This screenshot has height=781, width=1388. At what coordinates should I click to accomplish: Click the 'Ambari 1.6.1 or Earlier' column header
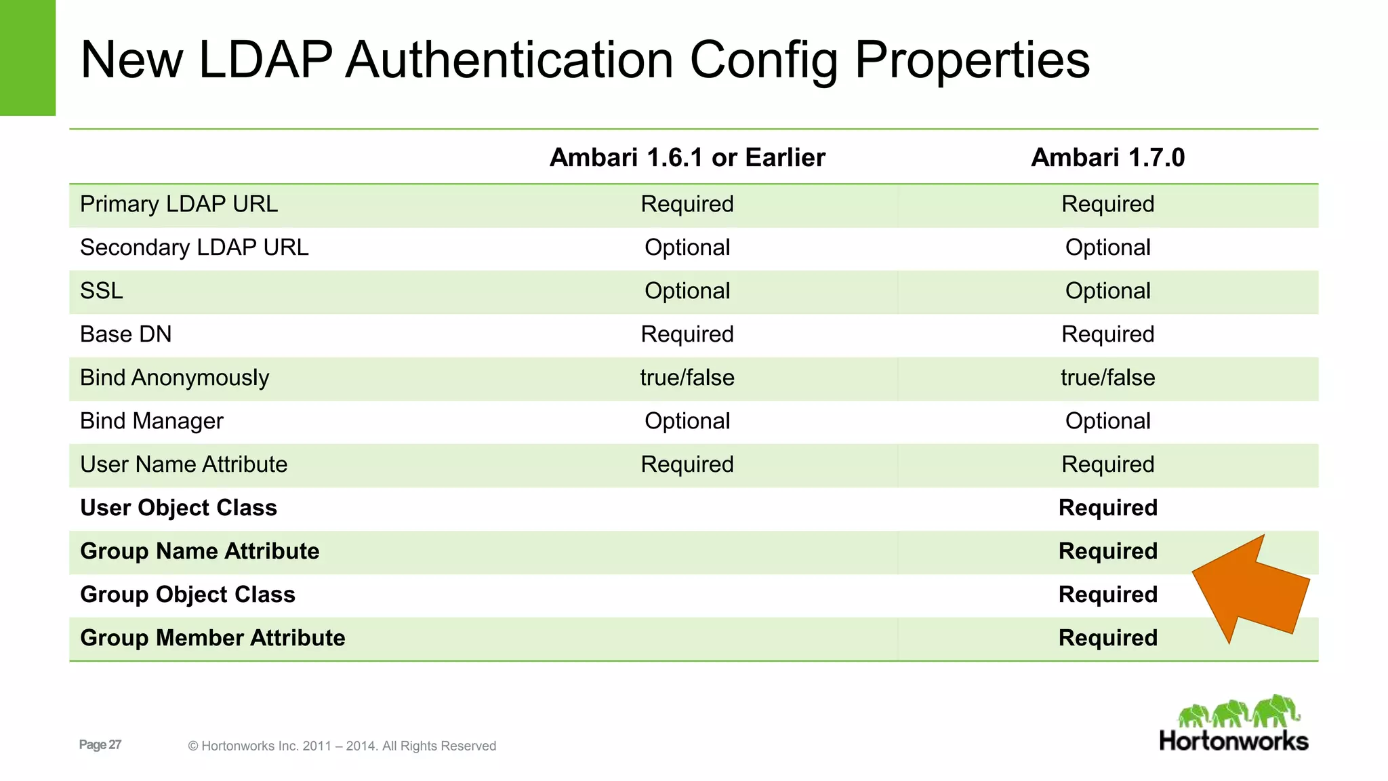click(687, 157)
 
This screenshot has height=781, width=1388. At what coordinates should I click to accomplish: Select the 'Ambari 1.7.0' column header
click(1107, 157)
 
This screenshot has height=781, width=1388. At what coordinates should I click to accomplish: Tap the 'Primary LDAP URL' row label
click(179, 204)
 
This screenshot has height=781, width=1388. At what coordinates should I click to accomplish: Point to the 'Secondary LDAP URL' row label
click(194, 247)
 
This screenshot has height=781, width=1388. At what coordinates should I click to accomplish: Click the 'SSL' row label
click(102, 291)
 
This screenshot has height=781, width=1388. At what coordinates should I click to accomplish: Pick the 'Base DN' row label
click(125, 334)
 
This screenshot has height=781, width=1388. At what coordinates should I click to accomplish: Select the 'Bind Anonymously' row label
click(174, 378)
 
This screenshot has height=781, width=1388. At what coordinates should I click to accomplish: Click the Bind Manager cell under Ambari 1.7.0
click(1107, 421)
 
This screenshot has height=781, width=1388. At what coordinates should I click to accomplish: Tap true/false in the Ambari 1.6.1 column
click(687, 378)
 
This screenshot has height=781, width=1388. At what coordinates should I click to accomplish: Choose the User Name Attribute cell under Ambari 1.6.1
click(687, 464)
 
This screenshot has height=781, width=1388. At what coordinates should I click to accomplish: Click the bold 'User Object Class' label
click(178, 508)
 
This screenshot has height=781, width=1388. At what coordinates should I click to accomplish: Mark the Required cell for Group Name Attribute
click(1107, 551)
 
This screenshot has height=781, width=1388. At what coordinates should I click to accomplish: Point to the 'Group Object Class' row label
click(188, 595)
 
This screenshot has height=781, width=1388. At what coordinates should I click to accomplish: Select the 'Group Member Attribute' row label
click(213, 638)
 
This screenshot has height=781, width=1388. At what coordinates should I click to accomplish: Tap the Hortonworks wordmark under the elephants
click(1233, 741)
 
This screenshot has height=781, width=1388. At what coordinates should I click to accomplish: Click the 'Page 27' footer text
click(100, 744)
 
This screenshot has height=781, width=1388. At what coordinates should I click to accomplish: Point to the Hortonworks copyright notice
click(342, 746)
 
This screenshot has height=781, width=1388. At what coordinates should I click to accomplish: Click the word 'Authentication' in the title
click(510, 60)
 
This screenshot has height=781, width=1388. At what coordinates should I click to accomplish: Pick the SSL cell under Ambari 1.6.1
click(687, 291)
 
